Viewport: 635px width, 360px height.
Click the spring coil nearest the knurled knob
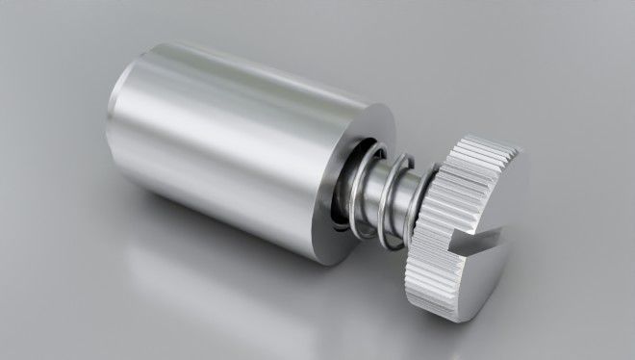[409, 193]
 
